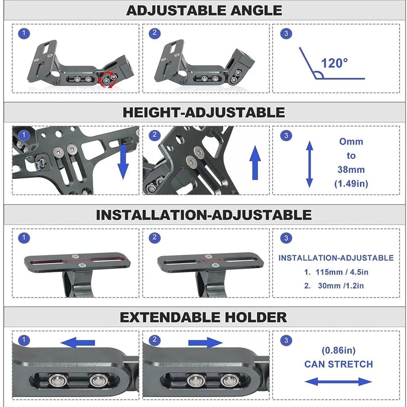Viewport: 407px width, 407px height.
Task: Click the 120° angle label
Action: (x=335, y=63)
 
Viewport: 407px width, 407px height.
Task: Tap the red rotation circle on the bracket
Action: (x=108, y=79)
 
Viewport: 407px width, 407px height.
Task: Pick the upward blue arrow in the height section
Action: (x=255, y=163)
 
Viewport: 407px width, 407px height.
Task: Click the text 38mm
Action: (x=351, y=169)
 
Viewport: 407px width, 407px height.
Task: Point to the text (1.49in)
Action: (x=351, y=184)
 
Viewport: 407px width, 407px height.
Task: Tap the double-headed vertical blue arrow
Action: (x=309, y=164)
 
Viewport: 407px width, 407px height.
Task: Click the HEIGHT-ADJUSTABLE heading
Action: (x=203, y=112)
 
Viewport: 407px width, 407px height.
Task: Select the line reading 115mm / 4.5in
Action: (x=336, y=272)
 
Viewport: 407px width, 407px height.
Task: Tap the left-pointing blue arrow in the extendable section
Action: (x=78, y=343)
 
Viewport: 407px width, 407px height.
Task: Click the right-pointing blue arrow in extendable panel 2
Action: (x=205, y=343)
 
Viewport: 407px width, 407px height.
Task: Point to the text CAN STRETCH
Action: (x=339, y=364)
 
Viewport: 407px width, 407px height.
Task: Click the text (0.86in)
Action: (x=339, y=350)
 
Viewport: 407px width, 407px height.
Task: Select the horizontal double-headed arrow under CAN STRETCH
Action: (x=338, y=382)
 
